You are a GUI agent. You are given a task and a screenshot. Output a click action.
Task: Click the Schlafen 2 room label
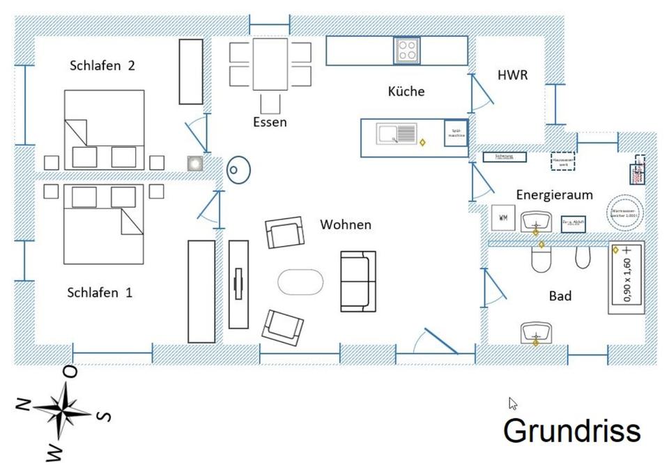click(x=102, y=66)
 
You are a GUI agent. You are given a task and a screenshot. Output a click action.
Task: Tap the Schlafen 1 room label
click(x=100, y=293)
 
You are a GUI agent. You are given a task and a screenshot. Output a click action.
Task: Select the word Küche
click(x=406, y=91)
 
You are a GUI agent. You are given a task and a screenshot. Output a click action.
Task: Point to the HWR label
click(x=512, y=75)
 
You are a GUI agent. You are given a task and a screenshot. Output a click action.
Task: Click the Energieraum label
click(x=554, y=194)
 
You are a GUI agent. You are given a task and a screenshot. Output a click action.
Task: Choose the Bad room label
click(x=560, y=296)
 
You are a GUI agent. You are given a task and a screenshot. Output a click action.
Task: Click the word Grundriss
click(x=571, y=430)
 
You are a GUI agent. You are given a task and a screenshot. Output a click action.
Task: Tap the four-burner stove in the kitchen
click(x=408, y=50)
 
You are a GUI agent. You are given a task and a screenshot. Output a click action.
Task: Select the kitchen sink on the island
click(x=396, y=133)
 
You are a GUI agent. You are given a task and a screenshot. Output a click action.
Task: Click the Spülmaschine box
click(x=456, y=132)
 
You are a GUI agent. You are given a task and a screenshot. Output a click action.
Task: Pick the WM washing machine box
click(x=502, y=218)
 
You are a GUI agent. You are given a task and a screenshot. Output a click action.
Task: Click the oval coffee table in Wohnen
click(x=300, y=282)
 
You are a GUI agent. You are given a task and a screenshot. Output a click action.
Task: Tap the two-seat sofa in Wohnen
click(x=358, y=281)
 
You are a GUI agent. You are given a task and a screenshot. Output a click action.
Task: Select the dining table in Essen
click(x=270, y=64)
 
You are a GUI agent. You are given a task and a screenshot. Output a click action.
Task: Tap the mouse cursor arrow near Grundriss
click(x=513, y=403)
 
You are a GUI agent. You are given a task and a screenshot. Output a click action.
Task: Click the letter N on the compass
click(x=24, y=405)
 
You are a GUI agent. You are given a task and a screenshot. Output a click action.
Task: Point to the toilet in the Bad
click(x=541, y=260)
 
